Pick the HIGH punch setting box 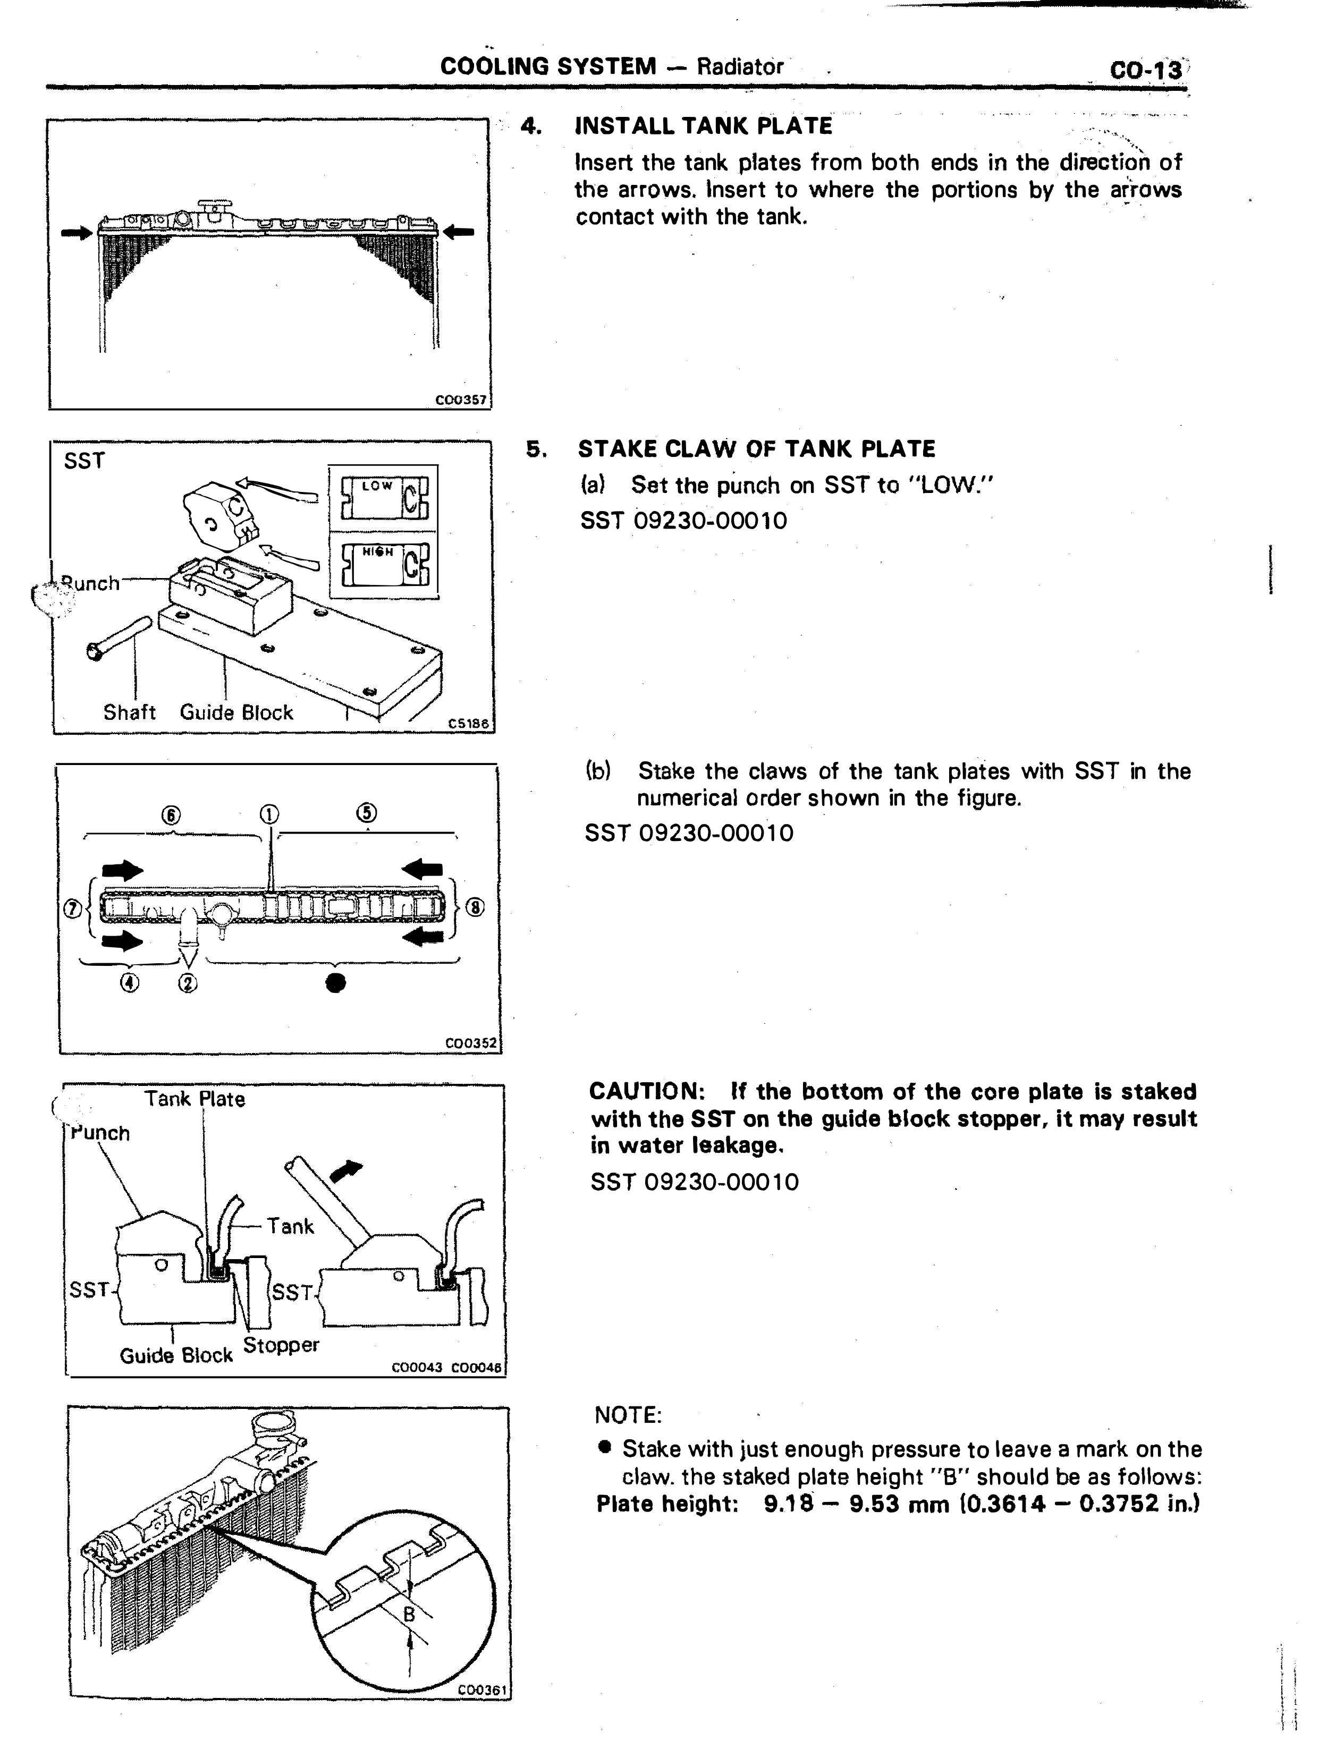(x=383, y=563)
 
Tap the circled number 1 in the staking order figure (x=269, y=814)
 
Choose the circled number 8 (x=474, y=907)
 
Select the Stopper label (x=281, y=1346)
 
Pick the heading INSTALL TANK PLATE (x=704, y=126)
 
